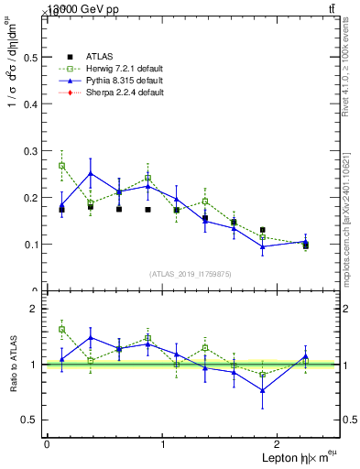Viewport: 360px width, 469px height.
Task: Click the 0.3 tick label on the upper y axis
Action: click(28, 150)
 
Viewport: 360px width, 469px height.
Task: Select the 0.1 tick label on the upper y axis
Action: click(28, 245)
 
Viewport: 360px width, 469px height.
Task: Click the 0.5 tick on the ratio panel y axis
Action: click(28, 420)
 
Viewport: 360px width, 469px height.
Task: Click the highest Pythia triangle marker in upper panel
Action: click(91, 173)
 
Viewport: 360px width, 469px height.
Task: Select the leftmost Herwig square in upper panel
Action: click(61, 166)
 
